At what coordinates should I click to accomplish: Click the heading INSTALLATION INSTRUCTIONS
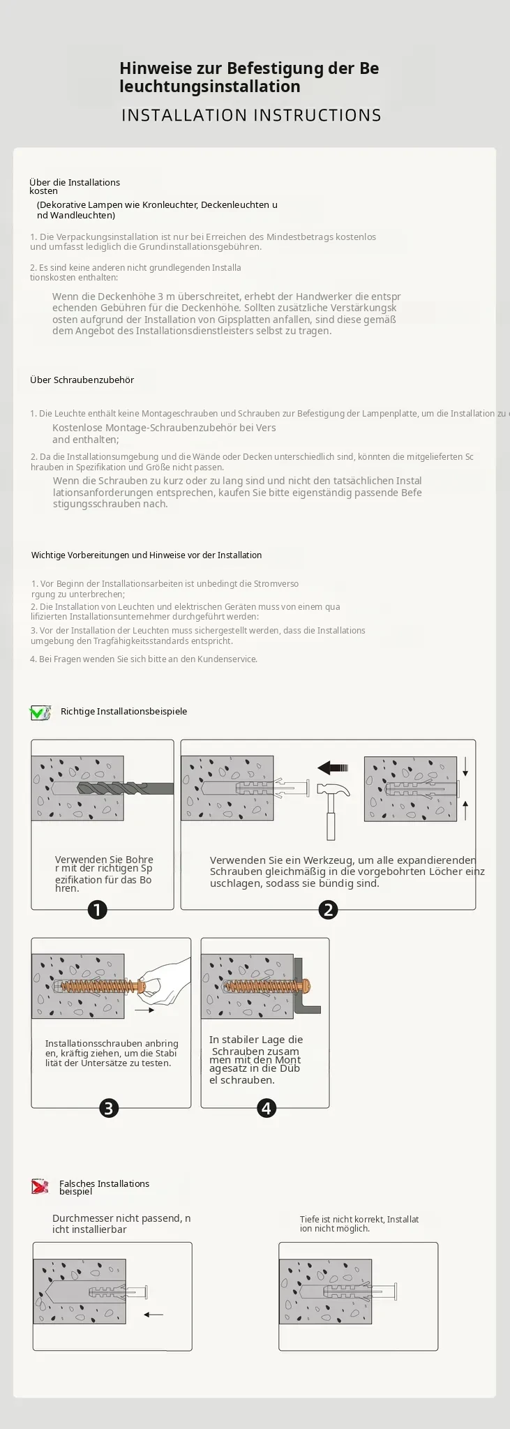click(x=252, y=115)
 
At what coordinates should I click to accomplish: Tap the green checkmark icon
click(x=40, y=712)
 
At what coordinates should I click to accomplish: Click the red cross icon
click(x=40, y=1185)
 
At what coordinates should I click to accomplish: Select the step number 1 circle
click(x=97, y=909)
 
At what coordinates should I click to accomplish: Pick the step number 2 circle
click(x=328, y=909)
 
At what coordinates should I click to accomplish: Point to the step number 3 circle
click(x=109, y=1107)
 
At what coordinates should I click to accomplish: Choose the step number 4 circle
click(x=267, y=1107)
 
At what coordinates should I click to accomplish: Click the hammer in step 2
click(x=330, y=810)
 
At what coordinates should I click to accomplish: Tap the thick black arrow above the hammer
click(x=333, y=768)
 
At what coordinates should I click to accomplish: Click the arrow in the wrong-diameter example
click(x=153, y=1315)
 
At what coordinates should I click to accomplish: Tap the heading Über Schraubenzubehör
click(x=82, y=380)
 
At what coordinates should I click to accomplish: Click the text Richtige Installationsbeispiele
click(x=123, y=712)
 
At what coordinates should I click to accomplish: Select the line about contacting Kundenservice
click(x=144, y=659)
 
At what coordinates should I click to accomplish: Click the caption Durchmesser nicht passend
click(x=121, y=1224)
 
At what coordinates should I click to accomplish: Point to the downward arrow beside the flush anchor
click(x=465, y=767)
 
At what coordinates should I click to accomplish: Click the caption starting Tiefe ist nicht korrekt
click(x=359, y=1224)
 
